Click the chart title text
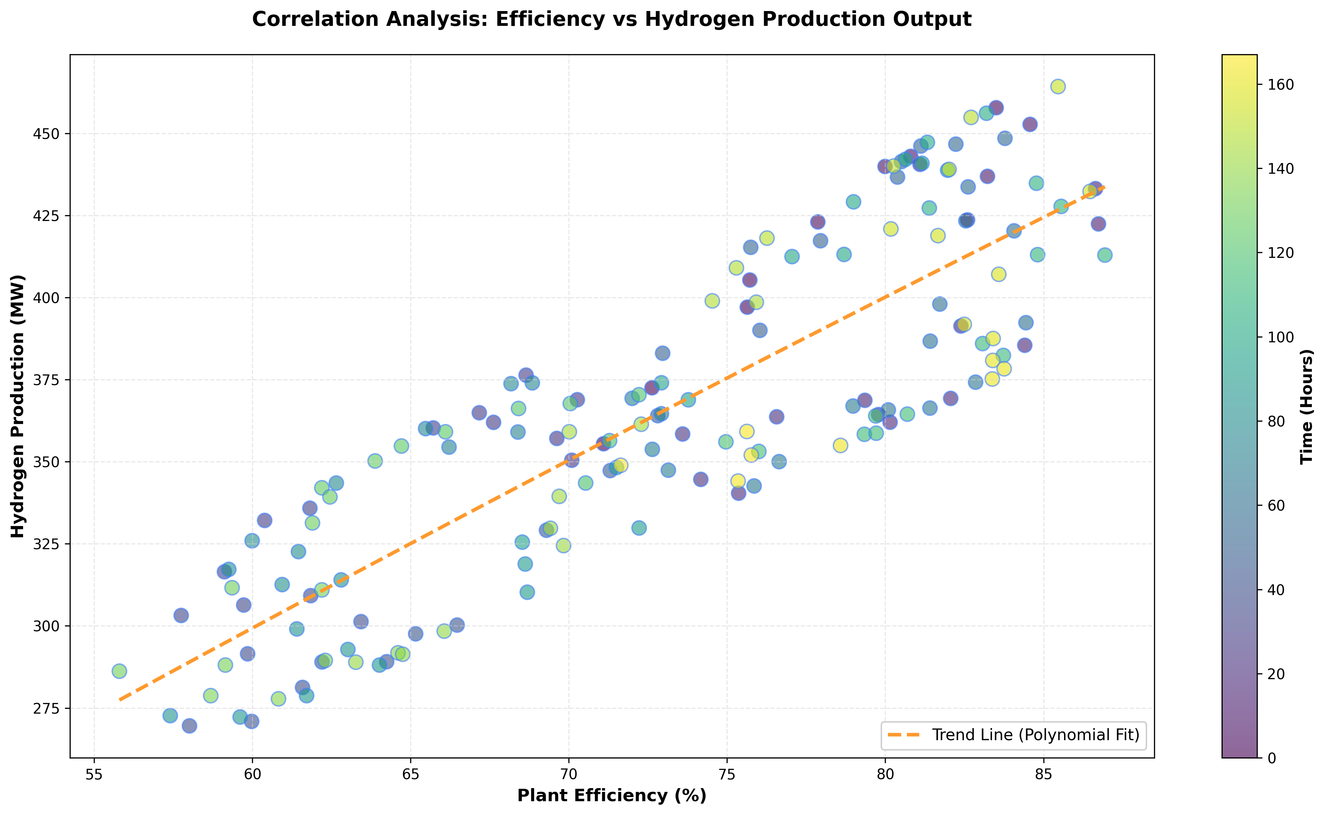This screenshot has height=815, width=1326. tap(611, 19)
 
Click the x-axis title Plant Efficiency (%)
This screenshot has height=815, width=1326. tap(611, 796)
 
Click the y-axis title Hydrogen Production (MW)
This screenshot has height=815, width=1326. tap(18, 405)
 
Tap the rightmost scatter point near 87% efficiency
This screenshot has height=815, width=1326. tap(1105, 255)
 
